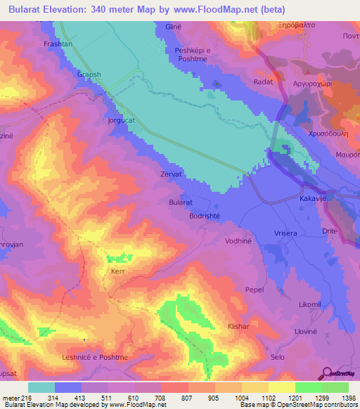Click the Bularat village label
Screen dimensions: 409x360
(x=181, y=202)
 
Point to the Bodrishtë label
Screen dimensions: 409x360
(x=206, y=216)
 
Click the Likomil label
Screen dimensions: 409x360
(x=310, y=304)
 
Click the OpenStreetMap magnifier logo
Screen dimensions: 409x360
(x=326, y=374)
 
